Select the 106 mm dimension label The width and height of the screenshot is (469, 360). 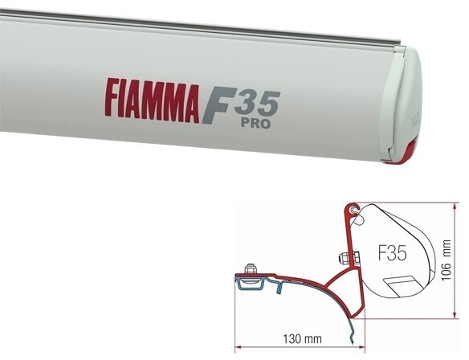click(456, 259)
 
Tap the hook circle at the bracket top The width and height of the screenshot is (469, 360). click(353, 211)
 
